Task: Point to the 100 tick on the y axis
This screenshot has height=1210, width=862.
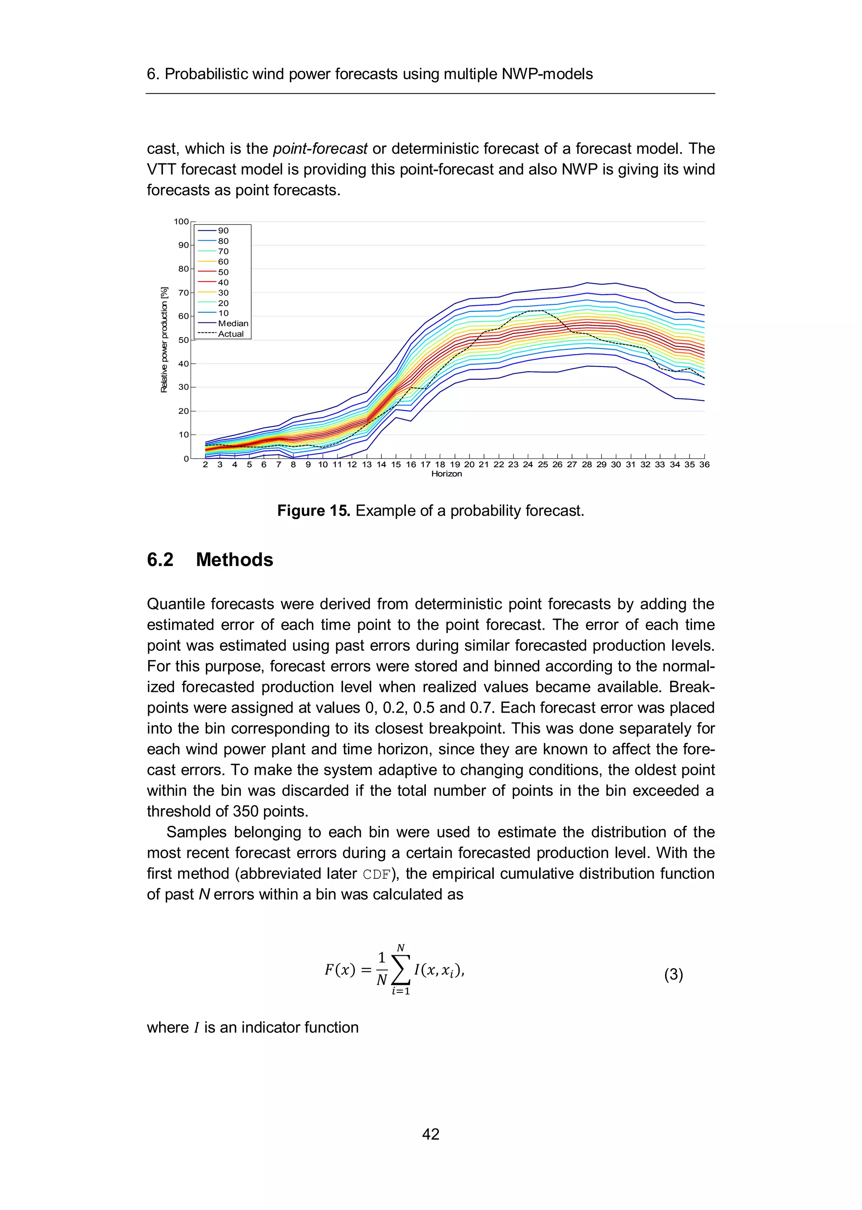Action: (181, 221)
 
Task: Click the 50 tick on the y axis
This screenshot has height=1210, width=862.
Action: (183, 340)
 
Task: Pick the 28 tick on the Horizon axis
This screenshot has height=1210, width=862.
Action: (586, 464)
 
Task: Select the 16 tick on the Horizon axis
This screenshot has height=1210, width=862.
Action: (411, 464)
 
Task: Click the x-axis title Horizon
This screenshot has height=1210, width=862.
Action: (447, 474)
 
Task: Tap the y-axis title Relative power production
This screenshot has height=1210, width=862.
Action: (164, 340)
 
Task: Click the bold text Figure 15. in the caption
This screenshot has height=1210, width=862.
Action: (313, 511)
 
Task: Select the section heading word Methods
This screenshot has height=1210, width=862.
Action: (234, 560)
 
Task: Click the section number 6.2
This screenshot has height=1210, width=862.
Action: (160, 560)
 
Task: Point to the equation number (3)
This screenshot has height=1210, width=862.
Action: (673, 974)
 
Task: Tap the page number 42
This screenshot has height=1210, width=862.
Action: (431, 1134)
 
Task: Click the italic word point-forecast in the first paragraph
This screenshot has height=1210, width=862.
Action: (320, 149)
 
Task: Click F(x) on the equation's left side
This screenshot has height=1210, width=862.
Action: (340, 970)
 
